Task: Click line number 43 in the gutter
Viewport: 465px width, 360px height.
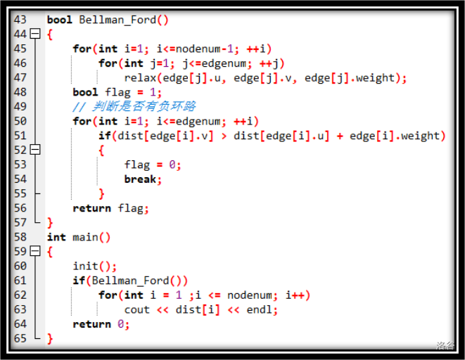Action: click(x=20, y=20)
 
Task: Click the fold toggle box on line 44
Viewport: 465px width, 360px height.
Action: click(x=36, y=34)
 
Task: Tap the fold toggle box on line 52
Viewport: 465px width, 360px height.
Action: click(x=36, y=150)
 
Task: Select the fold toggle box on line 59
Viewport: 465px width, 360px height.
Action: click(x=36, y=252)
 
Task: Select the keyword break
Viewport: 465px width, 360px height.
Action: click(x=140, y=179)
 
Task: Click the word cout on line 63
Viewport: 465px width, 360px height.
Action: click(x=136, y=310)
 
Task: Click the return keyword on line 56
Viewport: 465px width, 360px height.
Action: click(x=91, y=208)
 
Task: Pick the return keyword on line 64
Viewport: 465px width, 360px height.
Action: click(x=91, y=324)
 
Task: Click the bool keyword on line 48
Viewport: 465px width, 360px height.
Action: click(x=85, y=92)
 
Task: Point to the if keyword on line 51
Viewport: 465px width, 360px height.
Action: click(x=104, y=136)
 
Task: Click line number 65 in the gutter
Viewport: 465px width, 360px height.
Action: click(x=20, y=339)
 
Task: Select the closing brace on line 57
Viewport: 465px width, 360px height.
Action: click(x=50, y=223)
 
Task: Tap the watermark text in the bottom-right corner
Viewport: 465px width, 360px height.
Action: click(x=445, y=346)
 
